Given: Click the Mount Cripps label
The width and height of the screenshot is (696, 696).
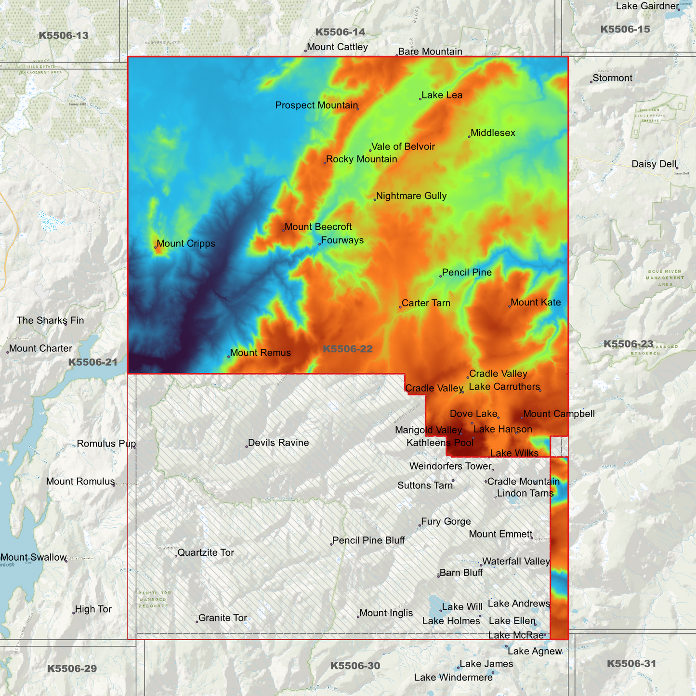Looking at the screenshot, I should pos(186,244).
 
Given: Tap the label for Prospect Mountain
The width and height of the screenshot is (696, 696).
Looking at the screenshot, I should pos(316,105).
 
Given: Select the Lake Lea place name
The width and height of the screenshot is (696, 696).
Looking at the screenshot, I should pos(442,95).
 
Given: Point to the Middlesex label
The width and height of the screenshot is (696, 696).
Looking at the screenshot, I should pos(493,133).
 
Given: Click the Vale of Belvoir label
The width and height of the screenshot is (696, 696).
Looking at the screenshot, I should pos(403,147).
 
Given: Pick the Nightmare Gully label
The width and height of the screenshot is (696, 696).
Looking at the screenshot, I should pos(411,196).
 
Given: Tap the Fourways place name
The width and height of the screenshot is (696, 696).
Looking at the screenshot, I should pos(342,240).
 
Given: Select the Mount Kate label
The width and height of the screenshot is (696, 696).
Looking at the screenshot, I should pos(536,302).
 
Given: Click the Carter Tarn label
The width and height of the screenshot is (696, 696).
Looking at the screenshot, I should pos(426,303).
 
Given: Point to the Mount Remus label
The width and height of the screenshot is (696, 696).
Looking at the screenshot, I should pos(260,353).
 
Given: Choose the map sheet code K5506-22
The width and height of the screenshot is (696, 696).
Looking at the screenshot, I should pos(347,349).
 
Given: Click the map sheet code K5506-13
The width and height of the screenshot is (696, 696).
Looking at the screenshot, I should pos(64,36).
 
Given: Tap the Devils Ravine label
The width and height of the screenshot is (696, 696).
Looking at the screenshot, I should pos(278,443).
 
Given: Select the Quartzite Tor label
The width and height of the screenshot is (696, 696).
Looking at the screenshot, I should pos(206,552).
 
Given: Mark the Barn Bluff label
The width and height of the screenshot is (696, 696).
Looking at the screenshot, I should pos(461,573).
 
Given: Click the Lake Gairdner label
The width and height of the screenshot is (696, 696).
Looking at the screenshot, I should pos(647,6).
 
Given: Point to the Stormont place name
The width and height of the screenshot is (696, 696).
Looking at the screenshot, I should pos(612,78).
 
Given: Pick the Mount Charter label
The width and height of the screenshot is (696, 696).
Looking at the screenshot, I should pos(40,349).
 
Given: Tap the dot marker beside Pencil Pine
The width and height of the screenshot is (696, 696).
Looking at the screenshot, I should pos(441,276).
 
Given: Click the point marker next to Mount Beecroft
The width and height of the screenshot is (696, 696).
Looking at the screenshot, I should pos(283,230).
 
